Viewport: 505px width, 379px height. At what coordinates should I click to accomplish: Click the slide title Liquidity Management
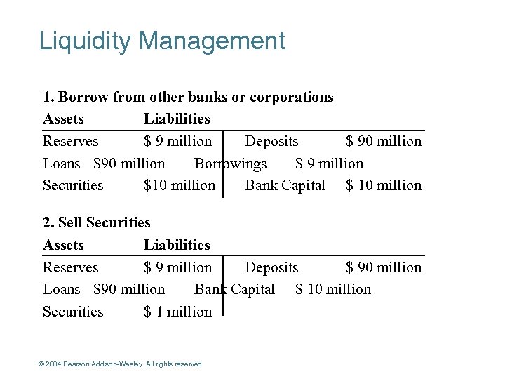(162, 41)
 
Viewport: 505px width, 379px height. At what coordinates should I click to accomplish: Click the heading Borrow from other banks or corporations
(188, 97)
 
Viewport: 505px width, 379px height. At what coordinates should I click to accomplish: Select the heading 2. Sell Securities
(97, 222)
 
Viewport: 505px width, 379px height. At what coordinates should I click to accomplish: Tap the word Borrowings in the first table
(231, 164)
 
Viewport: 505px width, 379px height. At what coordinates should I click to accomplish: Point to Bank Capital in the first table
(285, 185)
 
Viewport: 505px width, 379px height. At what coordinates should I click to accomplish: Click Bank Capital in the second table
(234, 289)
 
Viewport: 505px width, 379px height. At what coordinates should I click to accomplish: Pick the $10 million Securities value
(179, 185)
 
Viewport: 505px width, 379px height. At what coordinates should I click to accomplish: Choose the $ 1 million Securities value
(177, 312)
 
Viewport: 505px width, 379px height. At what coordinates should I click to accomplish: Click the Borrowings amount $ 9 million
(329, 164)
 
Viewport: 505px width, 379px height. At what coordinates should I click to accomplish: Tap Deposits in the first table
(271, 141)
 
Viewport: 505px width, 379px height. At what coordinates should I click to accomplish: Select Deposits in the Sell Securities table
(271, 267)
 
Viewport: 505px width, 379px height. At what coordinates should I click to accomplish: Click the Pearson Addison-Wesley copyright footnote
(120, 364)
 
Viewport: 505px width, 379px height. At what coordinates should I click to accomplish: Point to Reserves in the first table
(71, 141)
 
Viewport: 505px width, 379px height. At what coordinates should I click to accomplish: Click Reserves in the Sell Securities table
(71, 267)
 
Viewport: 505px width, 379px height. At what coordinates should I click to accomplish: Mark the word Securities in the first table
(73, 185)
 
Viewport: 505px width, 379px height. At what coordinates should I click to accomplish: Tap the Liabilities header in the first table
(177, 119)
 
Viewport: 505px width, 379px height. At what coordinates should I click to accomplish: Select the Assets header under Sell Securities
(63, 245)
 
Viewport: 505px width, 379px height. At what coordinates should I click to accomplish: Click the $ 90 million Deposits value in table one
(384, 141)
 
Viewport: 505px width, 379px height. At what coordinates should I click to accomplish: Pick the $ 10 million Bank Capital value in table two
(333, 289)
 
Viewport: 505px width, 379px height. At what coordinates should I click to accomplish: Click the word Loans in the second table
(62, 289)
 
